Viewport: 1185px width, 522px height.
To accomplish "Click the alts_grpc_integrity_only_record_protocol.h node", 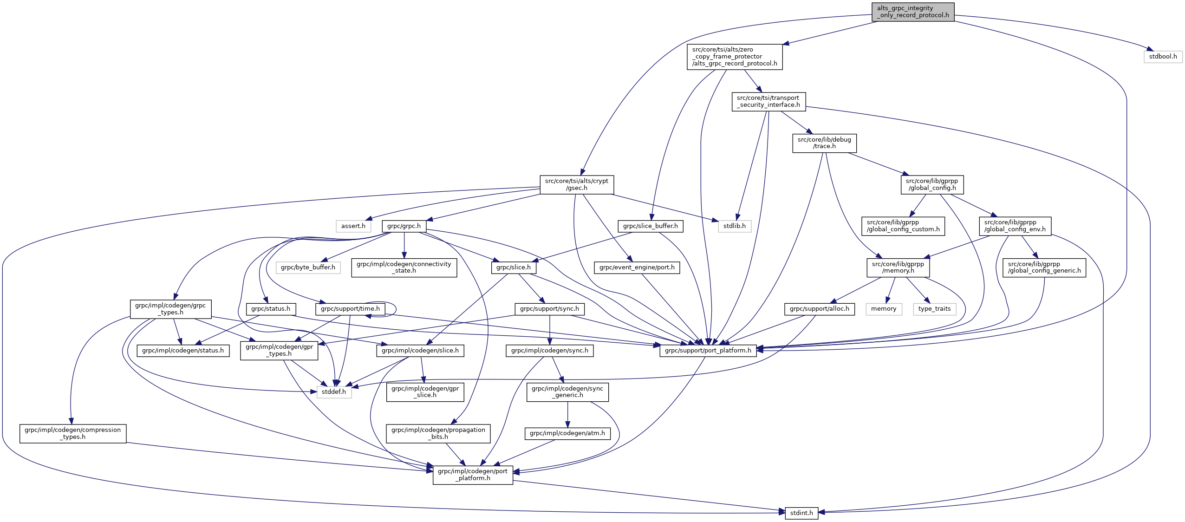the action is (913, 12).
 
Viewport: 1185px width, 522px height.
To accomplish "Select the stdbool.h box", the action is (1163, 57).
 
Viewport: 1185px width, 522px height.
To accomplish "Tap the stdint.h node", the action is (801, 513).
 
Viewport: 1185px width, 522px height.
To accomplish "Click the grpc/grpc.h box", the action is (404, 226).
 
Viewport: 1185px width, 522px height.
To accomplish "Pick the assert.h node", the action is (353, 226).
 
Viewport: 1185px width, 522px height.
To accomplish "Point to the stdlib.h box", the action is (735, 226).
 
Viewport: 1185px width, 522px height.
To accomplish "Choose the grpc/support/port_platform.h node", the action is (708, 351).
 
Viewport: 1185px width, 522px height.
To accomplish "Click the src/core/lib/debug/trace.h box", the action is (824, 143).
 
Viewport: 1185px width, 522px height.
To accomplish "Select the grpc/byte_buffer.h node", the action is (308, 268).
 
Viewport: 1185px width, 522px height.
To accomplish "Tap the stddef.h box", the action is (334, 392).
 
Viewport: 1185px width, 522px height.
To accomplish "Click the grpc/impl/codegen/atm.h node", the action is (567, 433).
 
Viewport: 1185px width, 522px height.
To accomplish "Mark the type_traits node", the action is (934, 309).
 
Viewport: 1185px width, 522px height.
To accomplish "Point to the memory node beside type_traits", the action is (884, 309).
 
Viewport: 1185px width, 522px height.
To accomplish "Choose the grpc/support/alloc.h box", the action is (820, 309).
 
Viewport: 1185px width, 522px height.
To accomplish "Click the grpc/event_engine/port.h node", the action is (637, 268).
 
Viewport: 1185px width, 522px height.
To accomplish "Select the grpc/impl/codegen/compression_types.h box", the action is (73, 434).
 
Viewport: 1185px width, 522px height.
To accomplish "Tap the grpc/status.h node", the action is (271, 309).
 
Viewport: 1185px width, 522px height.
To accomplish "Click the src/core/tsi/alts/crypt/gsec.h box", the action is (577, 184).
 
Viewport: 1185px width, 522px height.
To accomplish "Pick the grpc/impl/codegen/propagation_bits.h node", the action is (438, 434).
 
